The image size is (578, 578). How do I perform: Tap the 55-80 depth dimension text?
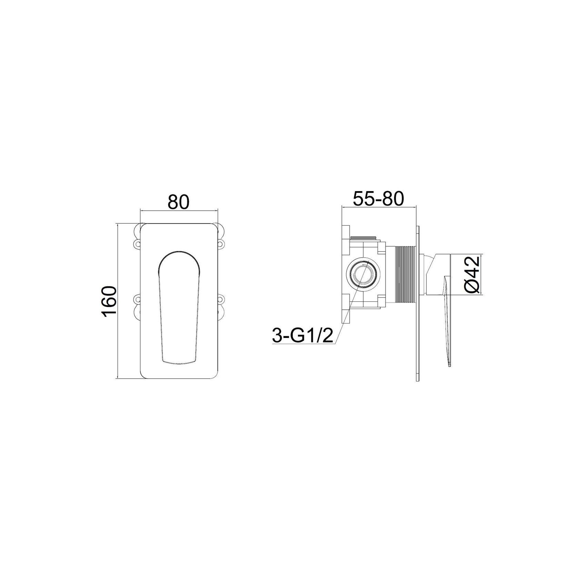(x=378, y=199)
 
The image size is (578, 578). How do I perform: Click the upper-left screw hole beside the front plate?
(x=137, y=244)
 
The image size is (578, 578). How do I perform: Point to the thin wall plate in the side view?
(x=418, y=303)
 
